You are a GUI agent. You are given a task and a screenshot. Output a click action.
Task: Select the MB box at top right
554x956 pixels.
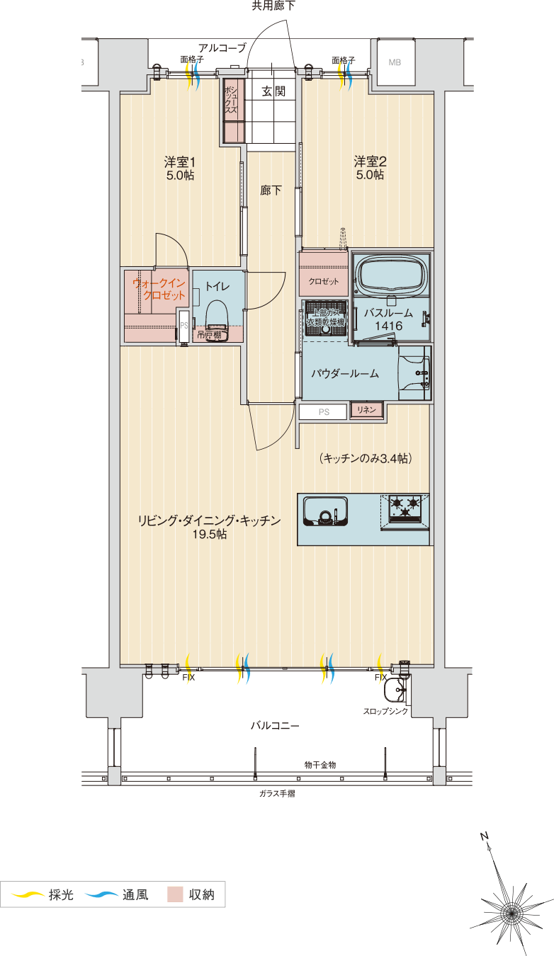coord(395,62)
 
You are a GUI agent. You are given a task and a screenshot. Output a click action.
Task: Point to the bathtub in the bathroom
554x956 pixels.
coord(392,274)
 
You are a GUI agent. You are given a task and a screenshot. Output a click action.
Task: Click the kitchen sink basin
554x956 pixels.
coord(325,511)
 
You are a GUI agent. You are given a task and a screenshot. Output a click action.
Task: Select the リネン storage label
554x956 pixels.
coord(367,410)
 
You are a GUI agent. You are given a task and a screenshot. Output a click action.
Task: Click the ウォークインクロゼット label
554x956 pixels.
coord(160,290)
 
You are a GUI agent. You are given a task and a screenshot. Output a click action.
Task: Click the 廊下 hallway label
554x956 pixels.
coord(271,190)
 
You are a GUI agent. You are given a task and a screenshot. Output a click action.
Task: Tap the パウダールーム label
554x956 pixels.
coord(345,374)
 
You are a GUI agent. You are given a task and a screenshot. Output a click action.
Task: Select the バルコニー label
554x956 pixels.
coord(275,726)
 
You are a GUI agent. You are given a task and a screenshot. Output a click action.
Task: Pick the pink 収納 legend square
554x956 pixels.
coord(175,894)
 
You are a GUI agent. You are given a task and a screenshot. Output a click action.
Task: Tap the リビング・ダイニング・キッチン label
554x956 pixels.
coord(209,521)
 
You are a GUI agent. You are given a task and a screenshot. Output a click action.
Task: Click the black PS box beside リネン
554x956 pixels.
coord(323,411)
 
